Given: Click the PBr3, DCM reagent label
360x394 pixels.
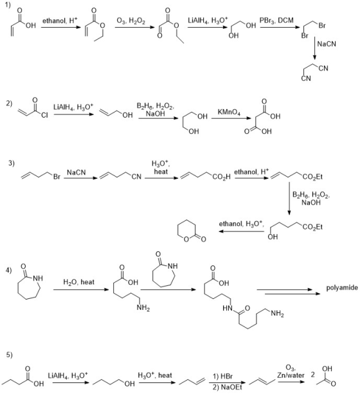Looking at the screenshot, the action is pyautogui.click(x=276, y=21).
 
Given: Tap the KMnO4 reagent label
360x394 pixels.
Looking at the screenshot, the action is pyautogui.click(x=229, y=112).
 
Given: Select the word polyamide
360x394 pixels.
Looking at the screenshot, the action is pyautogui.click(x=342, y=288).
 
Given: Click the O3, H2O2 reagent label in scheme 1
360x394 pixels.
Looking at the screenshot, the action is pyautogui.click(x=130, y=21).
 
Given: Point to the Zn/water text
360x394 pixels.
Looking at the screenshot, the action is pyautogui.click(x=291, y=375).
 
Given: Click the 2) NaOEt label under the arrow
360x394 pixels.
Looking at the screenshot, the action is pyautogui.click(x=228, y=388).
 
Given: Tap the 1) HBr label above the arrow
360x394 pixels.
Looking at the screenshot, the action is pyautogui.click(x=222, y=377).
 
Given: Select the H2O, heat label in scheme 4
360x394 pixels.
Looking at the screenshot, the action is pyautogui.click(x=78, y=282).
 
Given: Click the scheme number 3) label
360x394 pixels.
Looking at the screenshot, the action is pyautogui.click(x=12, y=163).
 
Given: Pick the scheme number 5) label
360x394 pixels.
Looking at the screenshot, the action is pyautogui.click(x=9, y=355).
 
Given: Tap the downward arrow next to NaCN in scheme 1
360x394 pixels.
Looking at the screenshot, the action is pyautogui.click(x=314, y=48).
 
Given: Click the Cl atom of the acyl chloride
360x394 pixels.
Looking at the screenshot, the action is pyautogui.click(x=44, y=115).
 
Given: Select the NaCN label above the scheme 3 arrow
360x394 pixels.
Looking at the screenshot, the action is pyautogui.click(x=76, y=173).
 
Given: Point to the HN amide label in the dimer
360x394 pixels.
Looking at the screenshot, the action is pyautogui.click(x=227, y=308).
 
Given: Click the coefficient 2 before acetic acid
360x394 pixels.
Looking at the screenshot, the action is pyautogui.click(x=312, y=375).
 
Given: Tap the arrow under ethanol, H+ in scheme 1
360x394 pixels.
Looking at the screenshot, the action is pyautogui.click(x=61, y=26).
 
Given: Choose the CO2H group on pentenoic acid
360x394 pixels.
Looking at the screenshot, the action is pyautogui.click(x=221, y=177).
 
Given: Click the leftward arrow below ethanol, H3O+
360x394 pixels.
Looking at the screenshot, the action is pyautogui.click(x=241, y=231).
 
